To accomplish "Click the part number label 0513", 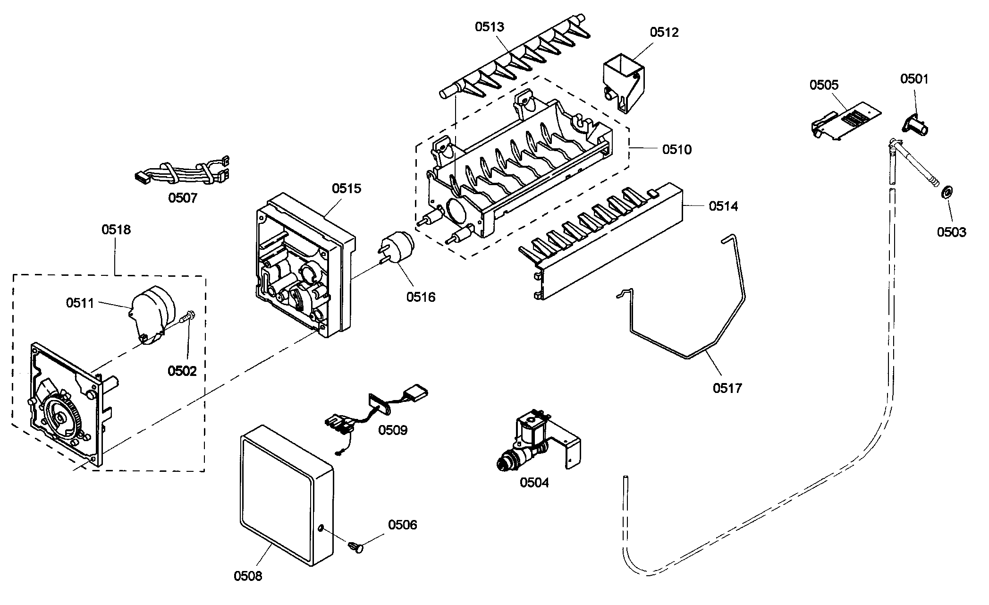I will [490, 27].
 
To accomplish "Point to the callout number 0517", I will [727, 388].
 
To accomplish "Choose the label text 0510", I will [676, 150].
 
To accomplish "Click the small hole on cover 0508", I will [321, 528].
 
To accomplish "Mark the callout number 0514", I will [723, 206].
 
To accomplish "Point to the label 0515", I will [346, 188].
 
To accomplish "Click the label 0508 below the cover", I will [248, 576].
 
